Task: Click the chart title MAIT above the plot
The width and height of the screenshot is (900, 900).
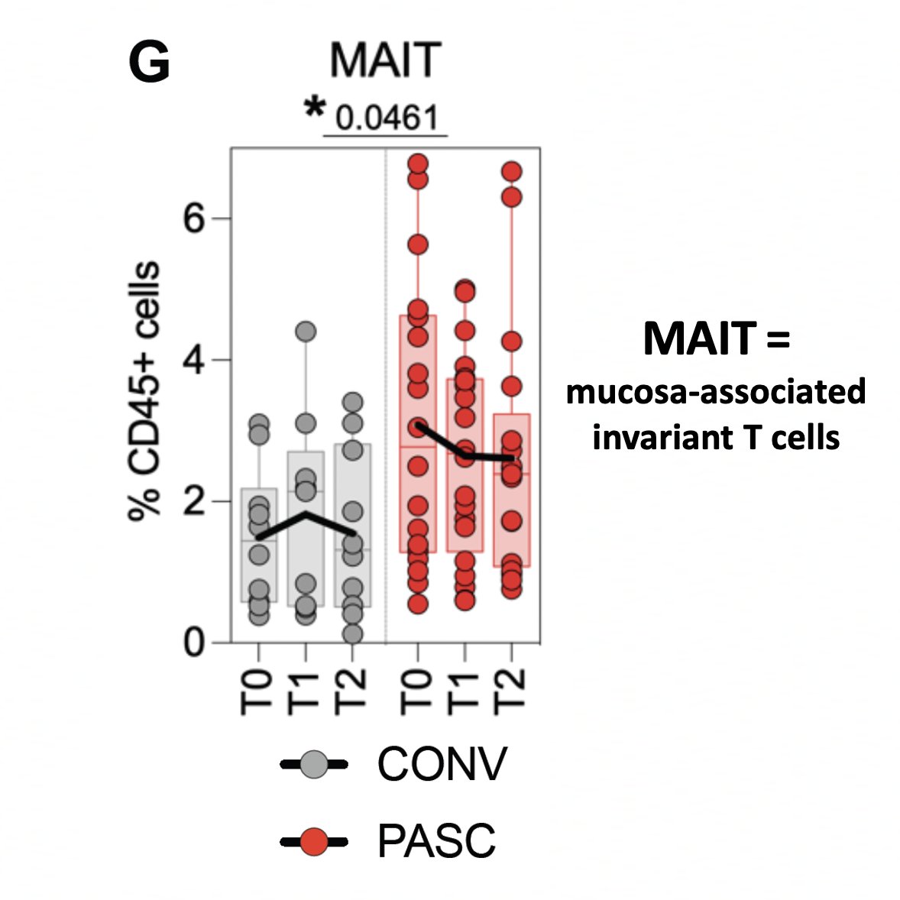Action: tap(386, 60)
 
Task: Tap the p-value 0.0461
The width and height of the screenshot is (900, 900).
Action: tap(387, 118)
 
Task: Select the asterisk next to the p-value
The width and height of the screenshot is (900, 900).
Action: tap(313, 109)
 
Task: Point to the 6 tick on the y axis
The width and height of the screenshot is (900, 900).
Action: tap(194, 219)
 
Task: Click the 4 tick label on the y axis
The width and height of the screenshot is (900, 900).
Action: tap(194, 360)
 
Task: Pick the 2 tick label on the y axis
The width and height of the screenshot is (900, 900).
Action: tap(194, 501)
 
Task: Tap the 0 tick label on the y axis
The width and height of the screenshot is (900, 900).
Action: tap(194, 643)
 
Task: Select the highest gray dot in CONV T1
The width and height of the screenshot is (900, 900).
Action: tap(306, 332)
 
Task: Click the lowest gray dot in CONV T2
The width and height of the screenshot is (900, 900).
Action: tap(352, 633)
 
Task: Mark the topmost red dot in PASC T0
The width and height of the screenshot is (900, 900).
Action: tap(418, 163)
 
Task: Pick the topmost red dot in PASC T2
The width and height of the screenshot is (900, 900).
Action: tap(511, 171)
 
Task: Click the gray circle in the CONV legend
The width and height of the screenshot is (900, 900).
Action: tap(313, 763)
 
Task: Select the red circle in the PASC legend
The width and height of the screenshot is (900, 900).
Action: tap(313, 842)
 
